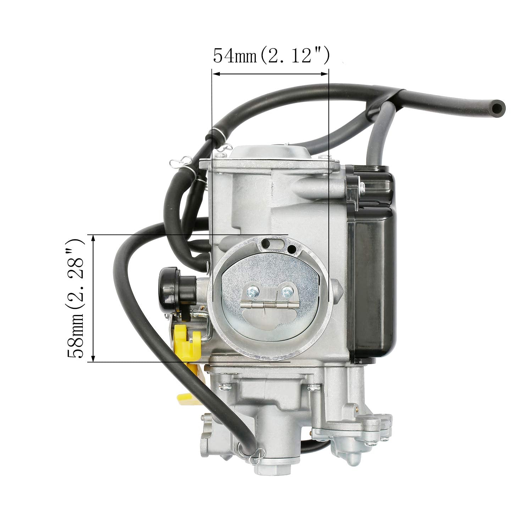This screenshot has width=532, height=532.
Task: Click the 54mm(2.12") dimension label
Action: pos(271,56)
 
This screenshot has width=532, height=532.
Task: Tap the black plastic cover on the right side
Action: pos(372,262)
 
